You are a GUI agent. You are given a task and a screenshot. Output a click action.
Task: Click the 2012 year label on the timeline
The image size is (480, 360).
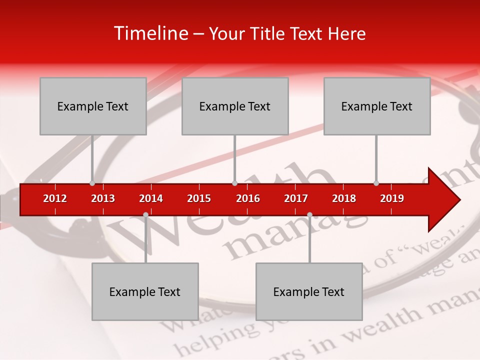(x=55, y=198)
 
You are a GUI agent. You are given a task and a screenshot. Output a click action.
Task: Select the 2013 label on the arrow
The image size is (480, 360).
(x=103, y=198)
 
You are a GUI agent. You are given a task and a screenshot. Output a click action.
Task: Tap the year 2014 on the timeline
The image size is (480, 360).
(x=151, y=198)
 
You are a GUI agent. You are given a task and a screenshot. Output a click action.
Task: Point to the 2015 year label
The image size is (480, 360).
(x=199, y=198)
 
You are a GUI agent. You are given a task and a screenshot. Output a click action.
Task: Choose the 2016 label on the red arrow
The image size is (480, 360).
(x=248, y=198)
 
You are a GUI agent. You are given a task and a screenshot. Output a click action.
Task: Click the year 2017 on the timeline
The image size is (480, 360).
(x=296, y=198)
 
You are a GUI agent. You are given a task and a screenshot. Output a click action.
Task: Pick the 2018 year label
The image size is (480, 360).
(x=344, y=198)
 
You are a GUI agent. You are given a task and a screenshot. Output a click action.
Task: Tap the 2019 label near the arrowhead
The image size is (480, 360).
(x=392, y=198)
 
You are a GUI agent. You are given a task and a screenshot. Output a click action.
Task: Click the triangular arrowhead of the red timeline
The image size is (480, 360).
(x=443, y=200)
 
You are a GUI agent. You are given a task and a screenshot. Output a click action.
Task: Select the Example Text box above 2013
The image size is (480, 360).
(x=93, y=106)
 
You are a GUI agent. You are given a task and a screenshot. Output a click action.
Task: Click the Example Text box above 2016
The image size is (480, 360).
(x=235, y=106)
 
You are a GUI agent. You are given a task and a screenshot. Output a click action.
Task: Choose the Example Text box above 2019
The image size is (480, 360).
(x=377, y=106)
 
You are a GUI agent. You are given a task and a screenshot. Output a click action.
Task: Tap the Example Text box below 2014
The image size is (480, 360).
(x=145, y=291)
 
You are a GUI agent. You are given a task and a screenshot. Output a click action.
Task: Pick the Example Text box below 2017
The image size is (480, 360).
(x=309, y=291)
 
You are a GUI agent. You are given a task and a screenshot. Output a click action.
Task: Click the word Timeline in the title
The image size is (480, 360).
(x=150, y=33)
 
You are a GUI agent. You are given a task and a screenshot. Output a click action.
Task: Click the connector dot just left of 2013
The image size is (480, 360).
(x=92, y=183)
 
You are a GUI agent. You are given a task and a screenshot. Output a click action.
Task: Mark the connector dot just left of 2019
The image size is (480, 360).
(x=376, y=183)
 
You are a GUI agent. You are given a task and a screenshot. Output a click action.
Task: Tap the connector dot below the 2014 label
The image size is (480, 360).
(x=145, y=214)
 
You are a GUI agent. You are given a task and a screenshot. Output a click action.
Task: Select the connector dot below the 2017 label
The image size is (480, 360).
(x=309, y=214)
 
